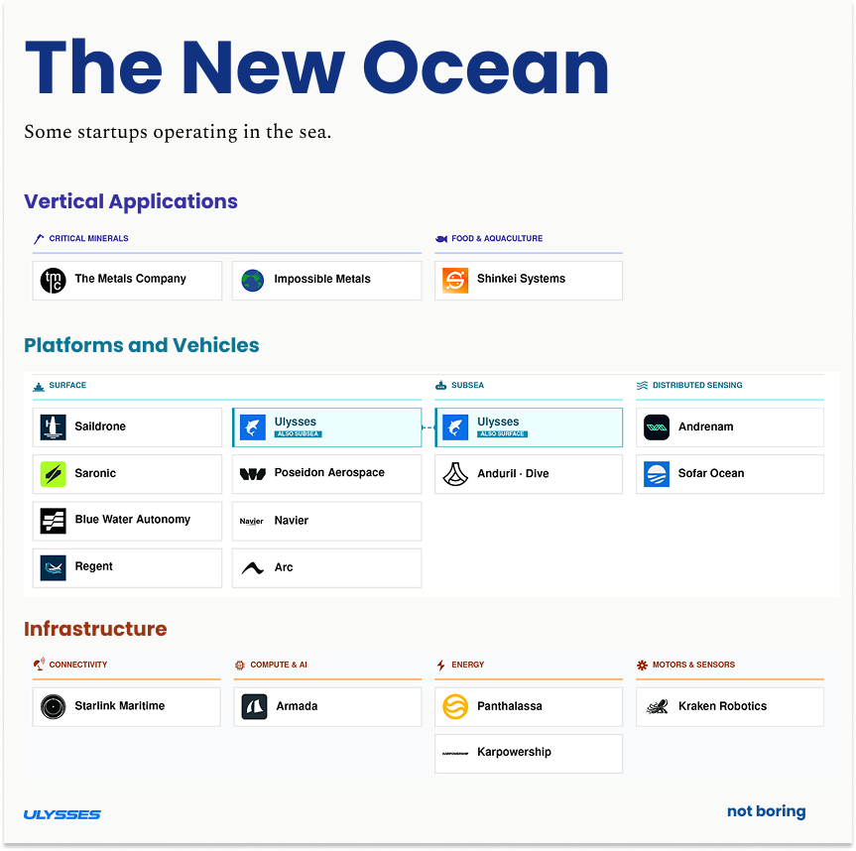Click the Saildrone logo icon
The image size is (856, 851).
[x=54, y=427]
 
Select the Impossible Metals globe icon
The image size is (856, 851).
[x=253, y=281]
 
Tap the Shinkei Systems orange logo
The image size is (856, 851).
[x=455, y=281]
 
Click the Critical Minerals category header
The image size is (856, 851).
[x=88, y=239]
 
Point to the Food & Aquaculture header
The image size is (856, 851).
[x=496, y=239]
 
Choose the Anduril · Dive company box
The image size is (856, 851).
[x=529, y=474]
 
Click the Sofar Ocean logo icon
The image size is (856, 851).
[x=657, y=474]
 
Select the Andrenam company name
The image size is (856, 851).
[x=705, y=427]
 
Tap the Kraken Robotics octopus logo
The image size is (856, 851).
[x=657, y=707]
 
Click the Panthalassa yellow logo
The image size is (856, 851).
[x=455, y=707]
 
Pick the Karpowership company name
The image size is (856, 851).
[x=514, y=753]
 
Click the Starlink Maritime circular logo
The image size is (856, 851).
[x=54, y=707]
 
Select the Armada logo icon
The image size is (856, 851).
[x=254, y=707]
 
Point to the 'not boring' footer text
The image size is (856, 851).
[x=766, y=812]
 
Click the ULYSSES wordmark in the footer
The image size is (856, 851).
[x=62, y=815]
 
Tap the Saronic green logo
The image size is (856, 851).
[x=54, y=474]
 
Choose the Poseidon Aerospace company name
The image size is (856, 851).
[x=329, y=473]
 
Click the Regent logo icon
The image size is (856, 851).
[x=54, y=567]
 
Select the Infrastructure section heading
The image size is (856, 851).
[x=95, y=629]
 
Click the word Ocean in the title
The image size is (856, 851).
[x=486, y=69]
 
